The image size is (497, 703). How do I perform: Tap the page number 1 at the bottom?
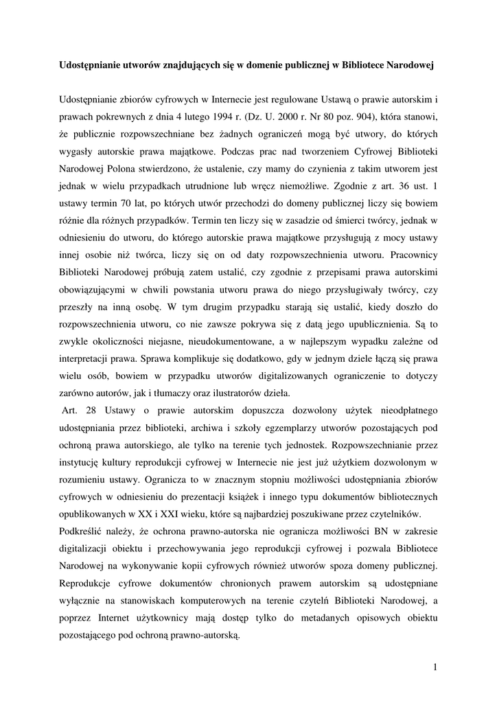click(435, 666)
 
